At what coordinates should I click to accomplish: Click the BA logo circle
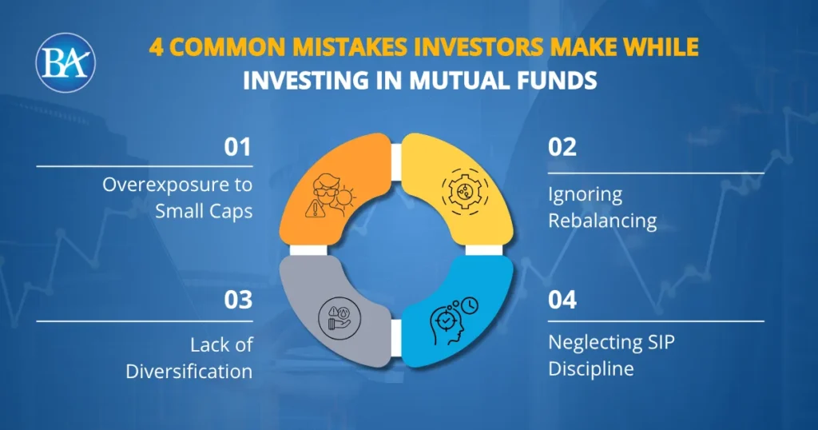point(66,61)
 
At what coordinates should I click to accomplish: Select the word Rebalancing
point(602,220)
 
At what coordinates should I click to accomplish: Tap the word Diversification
point(189,371)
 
